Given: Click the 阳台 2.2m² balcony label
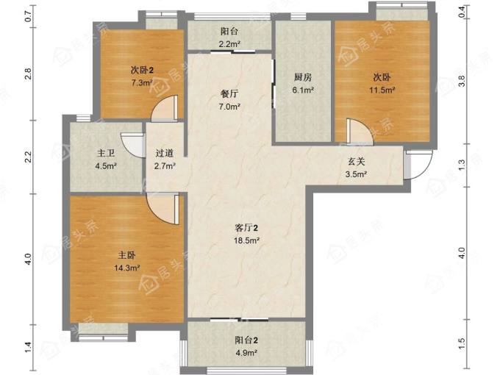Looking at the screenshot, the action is (x=229, y=37).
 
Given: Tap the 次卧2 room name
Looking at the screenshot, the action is (x=142, y=70).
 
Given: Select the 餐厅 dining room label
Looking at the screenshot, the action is (x=229, y=94).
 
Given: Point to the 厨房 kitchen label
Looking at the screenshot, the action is (x=303, y=77).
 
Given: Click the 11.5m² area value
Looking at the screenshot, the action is (x=382, y=90).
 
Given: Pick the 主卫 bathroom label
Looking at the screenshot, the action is (x=106, y=154).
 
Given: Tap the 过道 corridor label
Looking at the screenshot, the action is (x=165, y=154).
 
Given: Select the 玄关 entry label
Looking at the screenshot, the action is (x=356, y=162).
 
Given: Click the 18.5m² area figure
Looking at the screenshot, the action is (x=246, y=240).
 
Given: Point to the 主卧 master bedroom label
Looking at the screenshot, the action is (x=126, y=255).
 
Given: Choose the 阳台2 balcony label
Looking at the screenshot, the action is (x=246, y=340).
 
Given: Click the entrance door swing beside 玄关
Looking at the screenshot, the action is (x=418, y=165).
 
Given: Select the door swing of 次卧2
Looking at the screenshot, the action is (x=164, y=108).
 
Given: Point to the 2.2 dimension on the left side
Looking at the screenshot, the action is (x=28, y=157).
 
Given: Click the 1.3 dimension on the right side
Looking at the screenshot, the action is (x=462, y=165).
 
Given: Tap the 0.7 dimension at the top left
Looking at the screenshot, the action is (x=28, y=16).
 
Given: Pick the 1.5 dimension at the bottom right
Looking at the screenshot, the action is (x=462, y=343).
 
